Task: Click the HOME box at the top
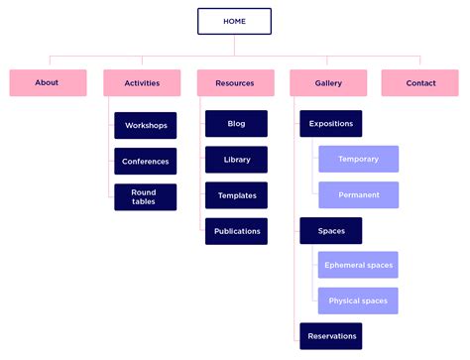234,21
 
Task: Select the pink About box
47,82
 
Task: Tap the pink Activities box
142,83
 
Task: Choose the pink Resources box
235,83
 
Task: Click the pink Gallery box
328,83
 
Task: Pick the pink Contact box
420,83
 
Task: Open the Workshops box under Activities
146,125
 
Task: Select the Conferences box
146,161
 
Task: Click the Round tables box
146,196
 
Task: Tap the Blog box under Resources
236,124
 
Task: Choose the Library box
236,160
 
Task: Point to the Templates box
236,195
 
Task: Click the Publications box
236,231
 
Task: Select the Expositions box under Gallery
330,124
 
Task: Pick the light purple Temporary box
358,159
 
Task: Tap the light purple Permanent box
358,194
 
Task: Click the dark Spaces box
330,230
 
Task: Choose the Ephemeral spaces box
358,265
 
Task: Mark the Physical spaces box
358,300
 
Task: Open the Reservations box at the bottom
330,336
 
